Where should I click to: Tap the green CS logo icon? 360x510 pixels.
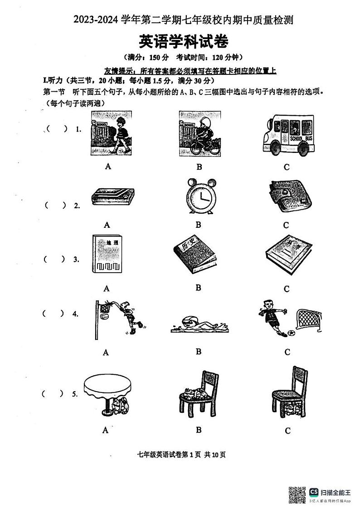(314, 492)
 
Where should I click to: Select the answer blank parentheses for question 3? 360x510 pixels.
(54, 260)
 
